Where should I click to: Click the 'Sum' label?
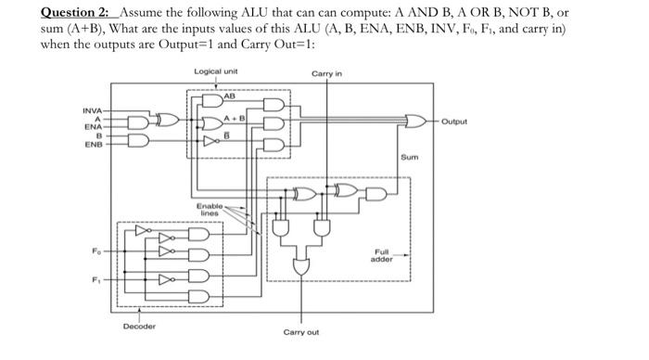coord(409,159)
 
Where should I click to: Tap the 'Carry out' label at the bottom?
coord(301,331)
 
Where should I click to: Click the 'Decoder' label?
coord(138,326)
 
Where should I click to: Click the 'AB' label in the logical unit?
coord(230,94)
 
